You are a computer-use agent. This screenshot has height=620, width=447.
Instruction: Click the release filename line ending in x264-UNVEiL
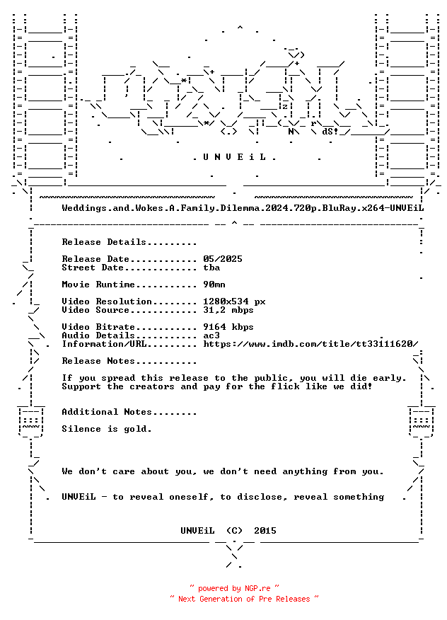[x=243, y=208]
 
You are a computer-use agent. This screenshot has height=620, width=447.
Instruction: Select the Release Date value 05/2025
[x=223, y=259]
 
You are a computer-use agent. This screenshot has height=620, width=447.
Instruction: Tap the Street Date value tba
[x=211, y=268]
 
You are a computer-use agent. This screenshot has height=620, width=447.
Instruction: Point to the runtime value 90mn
[x=214, y=285]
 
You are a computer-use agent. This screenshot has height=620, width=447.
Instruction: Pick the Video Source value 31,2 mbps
[x=228, y=310]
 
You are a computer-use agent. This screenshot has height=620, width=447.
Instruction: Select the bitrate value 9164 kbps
[x=228, y=327]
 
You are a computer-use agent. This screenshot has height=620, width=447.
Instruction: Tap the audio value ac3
[x=211, y=335]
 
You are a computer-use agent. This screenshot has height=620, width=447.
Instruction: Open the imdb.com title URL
[x=310, y=344]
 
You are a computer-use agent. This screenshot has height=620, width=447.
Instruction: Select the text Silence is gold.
[x=107, y=429]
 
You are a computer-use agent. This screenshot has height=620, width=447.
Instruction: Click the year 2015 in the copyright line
[x=265, y=531]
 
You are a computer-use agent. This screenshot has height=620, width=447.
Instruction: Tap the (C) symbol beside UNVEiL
[x=234, y=531]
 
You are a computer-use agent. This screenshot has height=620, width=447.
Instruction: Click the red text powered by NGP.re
[x=234, y=588]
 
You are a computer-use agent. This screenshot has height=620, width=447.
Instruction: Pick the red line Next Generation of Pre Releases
[x=244, y=599]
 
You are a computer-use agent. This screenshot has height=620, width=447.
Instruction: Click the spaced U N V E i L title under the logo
[x=234, y=157]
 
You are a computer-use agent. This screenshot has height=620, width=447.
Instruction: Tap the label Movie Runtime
[x=98, y=285]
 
